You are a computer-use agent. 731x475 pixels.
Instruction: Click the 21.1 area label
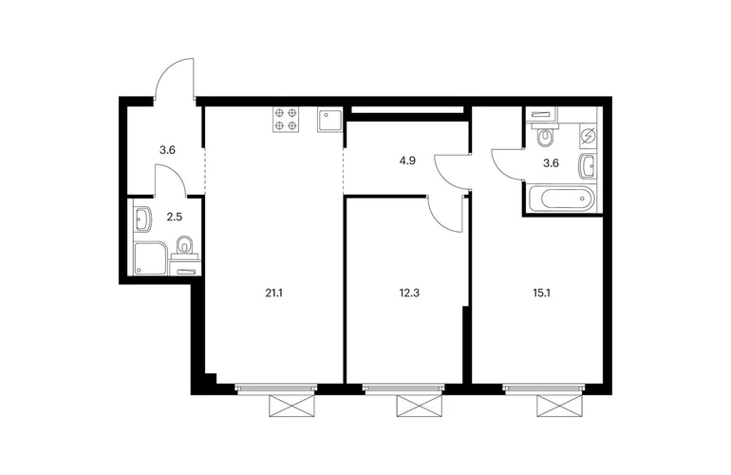click(x=274, y=293)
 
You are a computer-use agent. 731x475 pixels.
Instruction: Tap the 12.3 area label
click(x=409, y=293)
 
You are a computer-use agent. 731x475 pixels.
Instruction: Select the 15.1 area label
click(x=541, y=293)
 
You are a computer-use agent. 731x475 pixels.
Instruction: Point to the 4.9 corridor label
click(x=407, y=161)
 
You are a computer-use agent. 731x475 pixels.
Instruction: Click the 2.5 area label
click(x=174, y=217)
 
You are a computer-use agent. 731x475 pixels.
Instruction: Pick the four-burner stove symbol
click(x=286, y=119)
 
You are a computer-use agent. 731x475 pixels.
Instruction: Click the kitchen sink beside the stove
click(x=329, y=120)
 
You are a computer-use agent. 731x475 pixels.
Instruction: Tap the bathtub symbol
click(x=560, y=199)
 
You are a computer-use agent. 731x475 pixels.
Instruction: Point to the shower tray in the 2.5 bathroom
click(x=150, y=258)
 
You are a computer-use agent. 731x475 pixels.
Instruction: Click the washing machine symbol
click(x=588, y=136)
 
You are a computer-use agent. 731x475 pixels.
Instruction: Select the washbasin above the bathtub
click(x=588, y=165)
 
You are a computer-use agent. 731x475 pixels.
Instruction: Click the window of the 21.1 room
click(x=276, y=389)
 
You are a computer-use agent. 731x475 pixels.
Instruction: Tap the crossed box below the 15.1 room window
click(x=559, y=406)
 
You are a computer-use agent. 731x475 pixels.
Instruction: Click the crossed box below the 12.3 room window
click(x=419, y=406)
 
